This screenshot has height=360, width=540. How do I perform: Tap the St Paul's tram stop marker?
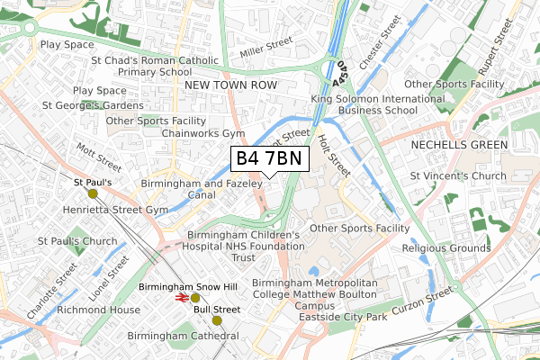click(92, 193)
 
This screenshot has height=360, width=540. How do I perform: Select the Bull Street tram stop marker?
click(216, 320)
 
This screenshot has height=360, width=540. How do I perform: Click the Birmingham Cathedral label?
click(183, 336)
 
